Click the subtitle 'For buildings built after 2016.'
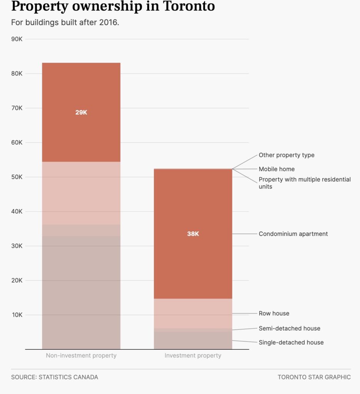[65, 22]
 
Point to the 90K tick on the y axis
[17, 39]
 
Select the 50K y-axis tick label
[17, 177]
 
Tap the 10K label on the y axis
[17, 315]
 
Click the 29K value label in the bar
[81, 112]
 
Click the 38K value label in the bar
[193, 234]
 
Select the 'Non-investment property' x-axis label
[81, 356]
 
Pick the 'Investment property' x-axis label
[193, 356]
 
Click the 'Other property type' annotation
[286, 155]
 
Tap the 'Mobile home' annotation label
[277, 169]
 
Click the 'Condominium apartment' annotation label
[293, 234]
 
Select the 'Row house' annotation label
[274, 313]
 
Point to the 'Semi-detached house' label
[289, 328]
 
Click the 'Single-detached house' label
[291, 342]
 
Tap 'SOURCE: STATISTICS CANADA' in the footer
[55, 377]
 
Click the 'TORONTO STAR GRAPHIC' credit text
[314, 377]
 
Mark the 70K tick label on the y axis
[17, 108]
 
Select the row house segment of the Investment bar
[193, 313]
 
